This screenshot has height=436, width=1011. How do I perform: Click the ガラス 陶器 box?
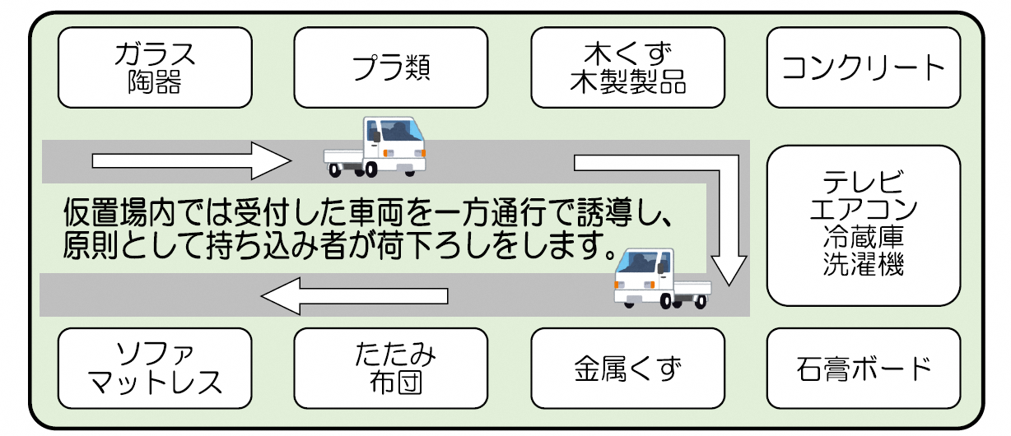(x=155, y=67)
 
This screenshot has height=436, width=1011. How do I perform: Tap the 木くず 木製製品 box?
(x=627, y=67)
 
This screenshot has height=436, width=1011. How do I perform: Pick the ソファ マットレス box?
(x=155, y=369)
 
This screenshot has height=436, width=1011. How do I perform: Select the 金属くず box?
(x=627, y=369)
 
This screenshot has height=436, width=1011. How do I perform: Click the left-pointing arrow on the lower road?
(x=354, y=295)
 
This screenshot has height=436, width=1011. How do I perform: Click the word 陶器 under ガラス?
(x=155, y=82)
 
